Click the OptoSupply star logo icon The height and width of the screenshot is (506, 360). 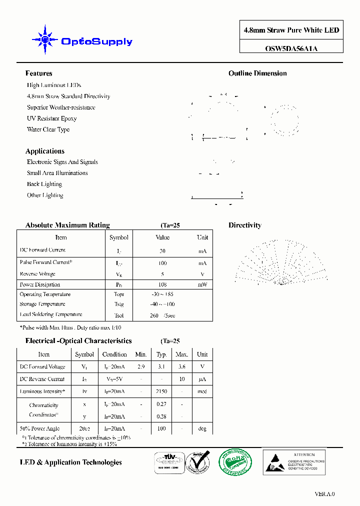[44, 39]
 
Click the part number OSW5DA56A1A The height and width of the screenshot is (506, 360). [291, 48]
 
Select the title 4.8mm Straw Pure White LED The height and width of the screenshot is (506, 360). [291, 30]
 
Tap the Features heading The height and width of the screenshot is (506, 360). [38, 73]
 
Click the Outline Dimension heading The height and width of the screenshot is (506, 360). [257, 73]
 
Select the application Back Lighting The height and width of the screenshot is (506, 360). [44, 184]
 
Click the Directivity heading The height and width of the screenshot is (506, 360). [244, 225]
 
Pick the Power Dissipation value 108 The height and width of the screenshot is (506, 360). [162, 284]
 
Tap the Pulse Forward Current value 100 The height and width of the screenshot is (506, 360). [162, 263]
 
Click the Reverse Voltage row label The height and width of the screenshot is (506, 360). [37, 274]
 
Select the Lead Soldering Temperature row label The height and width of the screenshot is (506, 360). [50, 314]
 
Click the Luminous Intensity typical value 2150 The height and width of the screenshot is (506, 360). [161, 391]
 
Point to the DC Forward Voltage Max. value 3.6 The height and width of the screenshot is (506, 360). [181, 366]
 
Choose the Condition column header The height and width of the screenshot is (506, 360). [114, 354]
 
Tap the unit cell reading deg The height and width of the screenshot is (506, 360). [202, 428]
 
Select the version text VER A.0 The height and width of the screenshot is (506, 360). [324, 494]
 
